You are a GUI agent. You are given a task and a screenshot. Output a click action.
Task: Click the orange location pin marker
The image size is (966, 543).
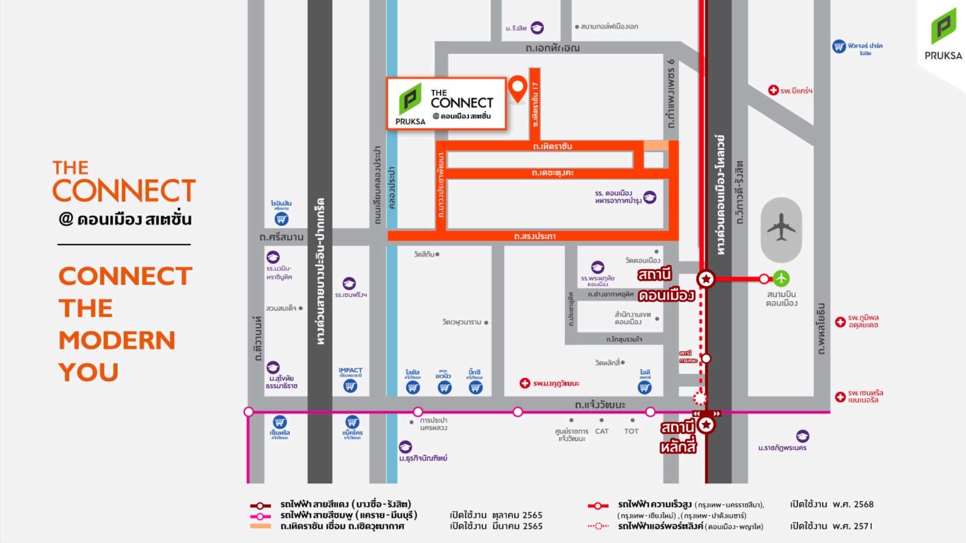pos(517,88)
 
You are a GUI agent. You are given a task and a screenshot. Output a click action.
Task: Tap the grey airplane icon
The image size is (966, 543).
pos(781,228)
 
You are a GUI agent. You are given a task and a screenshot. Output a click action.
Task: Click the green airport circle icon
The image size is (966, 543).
pos(781,278)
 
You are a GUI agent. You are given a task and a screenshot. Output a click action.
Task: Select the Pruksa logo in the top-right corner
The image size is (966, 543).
pos(943,34)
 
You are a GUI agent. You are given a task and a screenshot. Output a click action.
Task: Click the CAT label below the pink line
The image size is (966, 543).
pos(602,431)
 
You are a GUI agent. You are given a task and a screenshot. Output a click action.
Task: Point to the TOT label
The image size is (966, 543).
pos(631,431)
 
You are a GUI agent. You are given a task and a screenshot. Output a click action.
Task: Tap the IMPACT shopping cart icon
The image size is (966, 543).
pos(350,386)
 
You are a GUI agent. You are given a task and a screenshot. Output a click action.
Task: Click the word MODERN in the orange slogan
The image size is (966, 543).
pos(117,340)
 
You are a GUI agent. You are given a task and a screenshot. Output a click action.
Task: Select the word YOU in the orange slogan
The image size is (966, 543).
pos(88,372)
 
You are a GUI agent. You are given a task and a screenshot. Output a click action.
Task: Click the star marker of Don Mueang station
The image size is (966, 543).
pos(706,279)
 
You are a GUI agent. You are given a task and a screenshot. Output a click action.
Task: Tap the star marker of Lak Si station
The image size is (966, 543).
pos(706,424)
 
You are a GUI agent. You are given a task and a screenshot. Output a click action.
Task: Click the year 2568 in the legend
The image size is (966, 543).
pos(862,504)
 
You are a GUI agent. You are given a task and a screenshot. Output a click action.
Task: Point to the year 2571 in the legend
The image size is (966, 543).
pos(862,526)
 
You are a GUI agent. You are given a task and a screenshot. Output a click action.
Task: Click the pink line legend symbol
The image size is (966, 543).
pos(260,516)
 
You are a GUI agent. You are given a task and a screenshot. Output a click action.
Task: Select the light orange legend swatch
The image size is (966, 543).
pos(260,526)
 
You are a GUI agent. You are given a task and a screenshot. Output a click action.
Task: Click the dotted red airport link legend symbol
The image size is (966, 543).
pos(598,526)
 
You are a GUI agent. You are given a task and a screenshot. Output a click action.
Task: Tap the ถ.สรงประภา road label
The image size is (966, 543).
pos(534,236)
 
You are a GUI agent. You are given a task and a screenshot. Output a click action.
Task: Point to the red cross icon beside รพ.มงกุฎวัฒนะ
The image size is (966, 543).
pos(525,383)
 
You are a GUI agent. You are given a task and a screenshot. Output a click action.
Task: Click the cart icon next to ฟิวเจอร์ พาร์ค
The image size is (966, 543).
pos(839,46)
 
